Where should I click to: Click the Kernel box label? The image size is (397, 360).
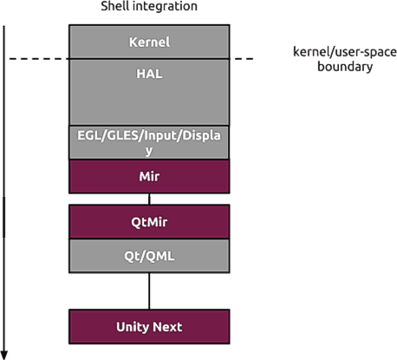(x=149, y=43)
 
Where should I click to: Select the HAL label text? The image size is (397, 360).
(x=149, y=74)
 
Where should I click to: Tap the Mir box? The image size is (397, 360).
(x=149, y=176)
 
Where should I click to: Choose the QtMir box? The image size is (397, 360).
(x=149, y=221)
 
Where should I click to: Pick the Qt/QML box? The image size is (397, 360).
(x=149, y=256)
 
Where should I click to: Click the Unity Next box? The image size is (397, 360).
(x=149, y=327)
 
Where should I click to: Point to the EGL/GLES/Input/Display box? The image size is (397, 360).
(x=149, y=142)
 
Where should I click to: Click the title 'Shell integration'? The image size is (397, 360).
(x=149, y=6)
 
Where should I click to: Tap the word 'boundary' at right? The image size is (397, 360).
(x=345, y=67)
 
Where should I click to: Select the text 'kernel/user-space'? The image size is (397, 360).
(x=345, y=52)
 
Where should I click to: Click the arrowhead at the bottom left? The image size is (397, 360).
(x=4, y=355)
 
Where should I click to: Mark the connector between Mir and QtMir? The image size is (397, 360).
(x=149, y=199)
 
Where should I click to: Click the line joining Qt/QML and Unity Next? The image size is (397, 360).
(x=149, y=291)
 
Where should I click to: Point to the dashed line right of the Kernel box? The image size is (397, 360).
(x=244, y=59)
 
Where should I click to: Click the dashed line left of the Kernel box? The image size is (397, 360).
(x=39, y=59)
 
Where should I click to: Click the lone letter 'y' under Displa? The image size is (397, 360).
(x=149, y=151)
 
